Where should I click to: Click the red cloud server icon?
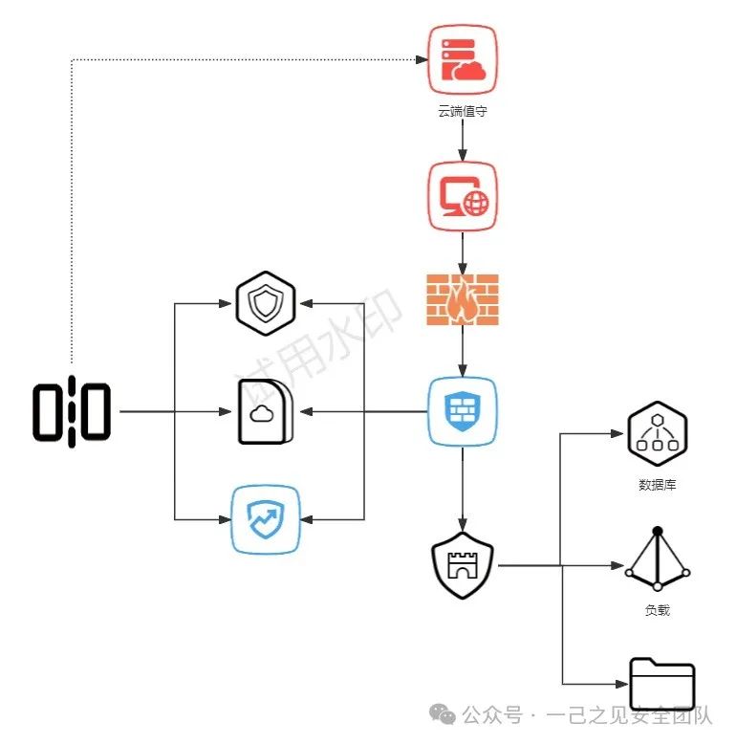point(463,61)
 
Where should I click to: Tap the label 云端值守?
point(463,112)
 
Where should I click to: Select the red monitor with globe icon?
point(463,196)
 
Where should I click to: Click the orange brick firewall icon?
point(463,300)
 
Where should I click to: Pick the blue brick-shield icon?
point(463,412)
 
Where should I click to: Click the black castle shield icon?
point(463,566)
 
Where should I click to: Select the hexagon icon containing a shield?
point(266,304)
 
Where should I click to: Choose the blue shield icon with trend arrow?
point(266,519)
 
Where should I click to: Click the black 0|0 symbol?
point(72,412)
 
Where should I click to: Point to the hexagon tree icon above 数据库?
point(658,433)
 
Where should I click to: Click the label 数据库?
point(658,485)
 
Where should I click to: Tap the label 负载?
point(658,609)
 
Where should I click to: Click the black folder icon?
point(662,684)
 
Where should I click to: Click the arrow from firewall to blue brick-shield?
point(463,351)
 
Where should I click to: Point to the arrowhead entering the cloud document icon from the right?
point(306,412)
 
